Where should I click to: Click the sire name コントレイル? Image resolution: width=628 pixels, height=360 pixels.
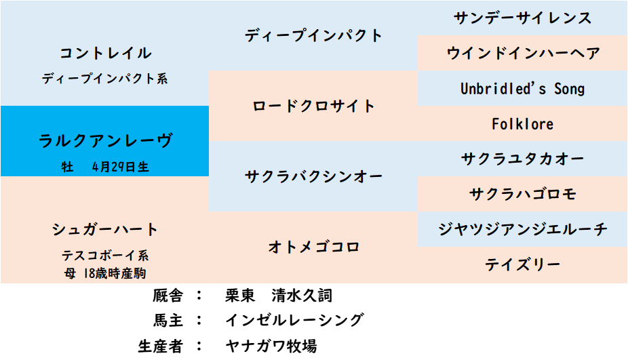click(105, 53)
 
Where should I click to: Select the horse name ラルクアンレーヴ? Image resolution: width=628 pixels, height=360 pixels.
click(105, 140)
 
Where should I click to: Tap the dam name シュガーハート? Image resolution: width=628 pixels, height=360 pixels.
click(105, 229)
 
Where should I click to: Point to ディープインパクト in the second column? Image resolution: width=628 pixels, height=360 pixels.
click(313, 35)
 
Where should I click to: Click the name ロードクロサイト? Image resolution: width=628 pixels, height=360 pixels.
click(313, 106)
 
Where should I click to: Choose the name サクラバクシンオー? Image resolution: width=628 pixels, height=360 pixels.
click(313, 176)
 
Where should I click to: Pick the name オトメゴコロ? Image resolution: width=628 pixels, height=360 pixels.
click(313, 247)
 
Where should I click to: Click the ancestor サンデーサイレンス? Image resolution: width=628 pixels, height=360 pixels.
click(523, 18)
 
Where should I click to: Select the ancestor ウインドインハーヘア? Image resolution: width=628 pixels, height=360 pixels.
click(523, 53)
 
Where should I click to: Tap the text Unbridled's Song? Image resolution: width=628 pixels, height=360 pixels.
click(523, 89)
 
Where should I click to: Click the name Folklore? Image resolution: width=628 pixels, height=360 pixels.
click(523, 124)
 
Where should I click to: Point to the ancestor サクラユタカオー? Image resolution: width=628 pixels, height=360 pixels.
click(523, 159)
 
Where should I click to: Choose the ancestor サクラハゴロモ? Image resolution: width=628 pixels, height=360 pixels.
click(523, 194)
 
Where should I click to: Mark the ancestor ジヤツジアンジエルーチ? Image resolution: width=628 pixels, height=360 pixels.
click(523, 229)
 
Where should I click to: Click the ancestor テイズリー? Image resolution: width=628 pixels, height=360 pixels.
click(523, 264)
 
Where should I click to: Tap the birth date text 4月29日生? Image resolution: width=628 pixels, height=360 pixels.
click(121, 167)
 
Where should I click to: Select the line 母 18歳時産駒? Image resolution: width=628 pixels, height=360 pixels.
click(105, 273)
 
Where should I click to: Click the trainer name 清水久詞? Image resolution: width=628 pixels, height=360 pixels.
click(302, 296)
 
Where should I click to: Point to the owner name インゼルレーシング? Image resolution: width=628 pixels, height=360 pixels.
click(294, 320)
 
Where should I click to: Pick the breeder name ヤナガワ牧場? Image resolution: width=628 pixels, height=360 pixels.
click(271, 346)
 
